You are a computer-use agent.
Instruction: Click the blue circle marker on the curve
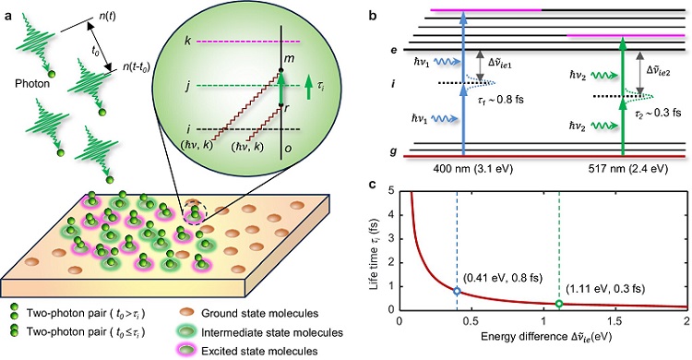click(x=457, y=292)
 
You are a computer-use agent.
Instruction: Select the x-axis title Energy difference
click(x=538, y=342)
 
